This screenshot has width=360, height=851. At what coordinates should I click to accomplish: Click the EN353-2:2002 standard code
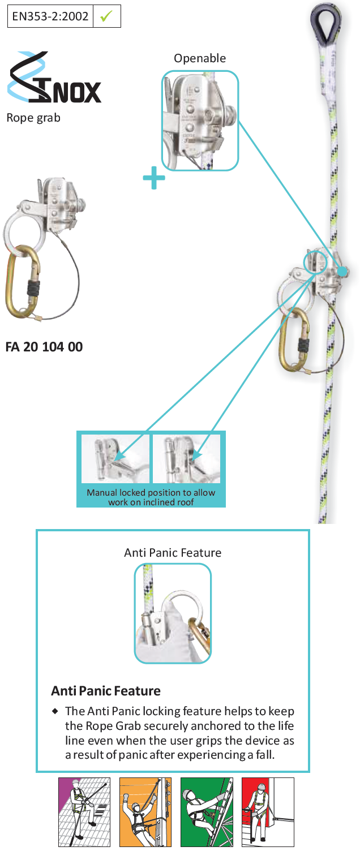click(50, 16)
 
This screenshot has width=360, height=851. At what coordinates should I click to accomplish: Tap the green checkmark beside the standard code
click(106, 16)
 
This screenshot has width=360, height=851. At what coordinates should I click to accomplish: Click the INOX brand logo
click(54, 77)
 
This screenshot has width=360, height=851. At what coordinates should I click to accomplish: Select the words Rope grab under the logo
click(33, 118)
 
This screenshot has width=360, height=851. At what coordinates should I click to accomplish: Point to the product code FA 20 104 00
click(44, 347)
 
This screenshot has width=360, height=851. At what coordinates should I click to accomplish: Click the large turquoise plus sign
click(154, 178)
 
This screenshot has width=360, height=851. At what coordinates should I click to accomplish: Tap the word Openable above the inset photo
click(200, 58)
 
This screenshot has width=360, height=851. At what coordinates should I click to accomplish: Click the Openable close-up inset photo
click(200, 121)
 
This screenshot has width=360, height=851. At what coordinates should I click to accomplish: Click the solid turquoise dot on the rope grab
click(342, 271)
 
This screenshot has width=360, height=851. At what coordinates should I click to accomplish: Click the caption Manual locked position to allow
click(151, 492)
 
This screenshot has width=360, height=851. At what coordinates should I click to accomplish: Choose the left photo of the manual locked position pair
click(115, 458)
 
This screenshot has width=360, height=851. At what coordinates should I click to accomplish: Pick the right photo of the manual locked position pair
click(187, 458)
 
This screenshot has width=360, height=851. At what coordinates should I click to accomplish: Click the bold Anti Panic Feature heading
click(106, 691)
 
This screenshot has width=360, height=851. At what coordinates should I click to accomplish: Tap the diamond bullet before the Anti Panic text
click(55, 711)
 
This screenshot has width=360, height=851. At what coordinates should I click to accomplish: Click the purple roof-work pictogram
click(84, 812)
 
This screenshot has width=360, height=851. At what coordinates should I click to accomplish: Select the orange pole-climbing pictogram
click(145, 812)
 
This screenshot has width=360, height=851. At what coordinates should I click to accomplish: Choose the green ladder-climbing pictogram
click(207, 812)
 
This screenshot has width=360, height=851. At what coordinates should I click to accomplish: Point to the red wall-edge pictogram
click(268, 812)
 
